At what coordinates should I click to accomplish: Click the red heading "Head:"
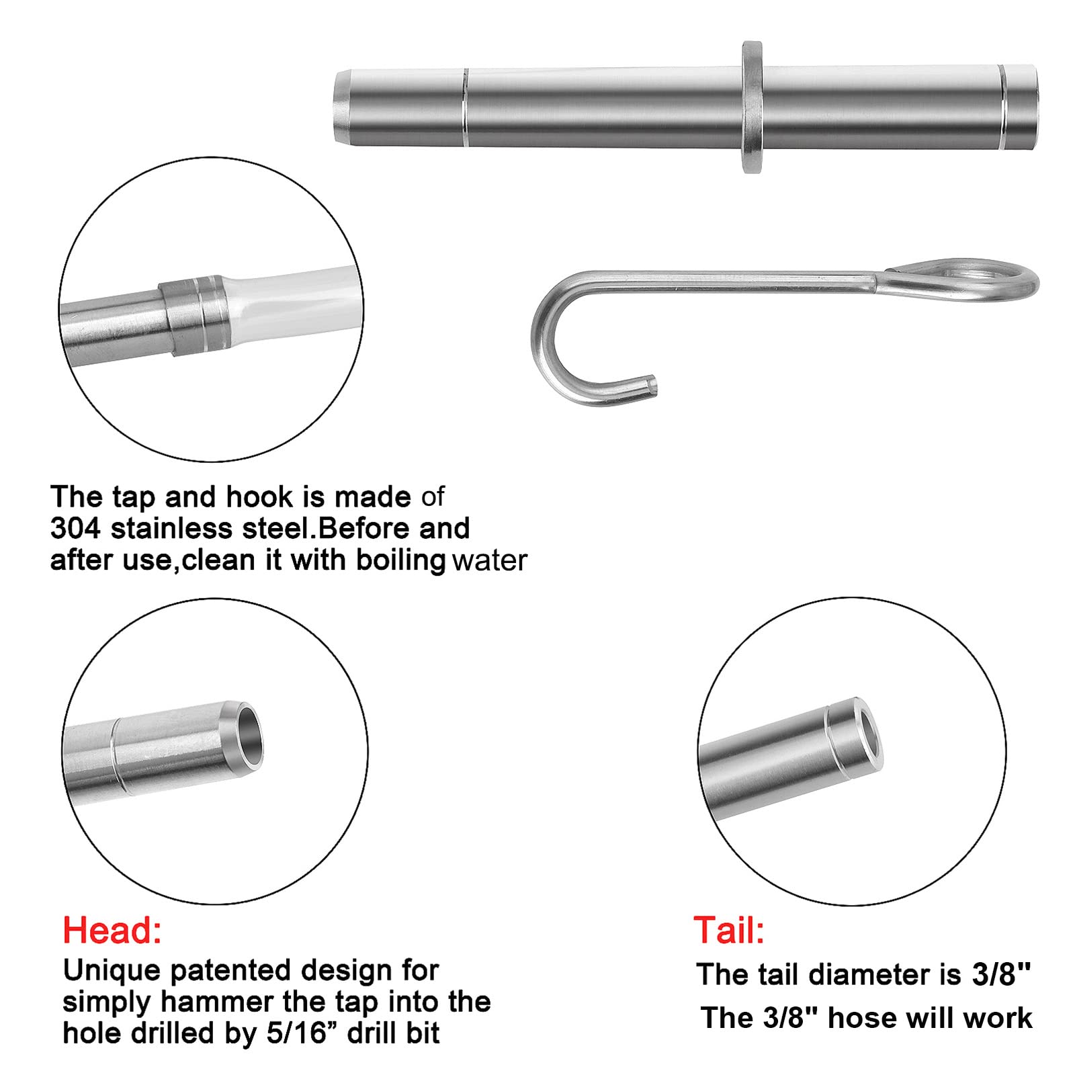pyautogui.click(x=112, y=931)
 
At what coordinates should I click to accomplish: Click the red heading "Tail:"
pyautogui.click(x=729, y=931)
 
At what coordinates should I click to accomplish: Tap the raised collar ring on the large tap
pyautogui.click(x=752, y=107)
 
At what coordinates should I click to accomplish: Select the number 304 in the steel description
pyautogui.click(x=75, y=529)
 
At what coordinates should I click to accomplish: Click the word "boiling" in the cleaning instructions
pyautogui.click(x=400, y=560)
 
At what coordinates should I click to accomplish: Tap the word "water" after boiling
pyautogui.click(x=490, y=560)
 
